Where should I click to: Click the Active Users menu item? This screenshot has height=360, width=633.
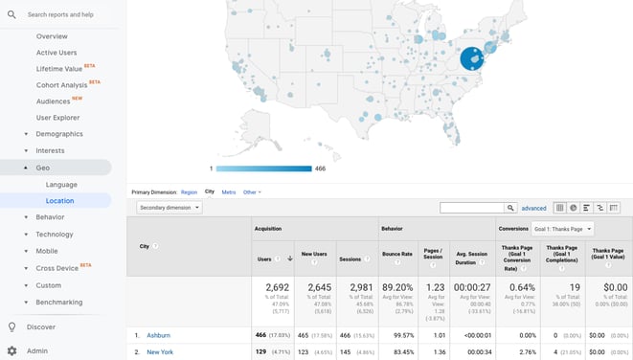57,53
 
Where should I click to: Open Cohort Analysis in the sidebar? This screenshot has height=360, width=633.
62,85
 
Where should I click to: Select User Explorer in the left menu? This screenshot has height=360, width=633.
57,118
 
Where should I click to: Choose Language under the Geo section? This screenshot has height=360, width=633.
61,184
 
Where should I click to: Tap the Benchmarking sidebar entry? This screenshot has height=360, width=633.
59,302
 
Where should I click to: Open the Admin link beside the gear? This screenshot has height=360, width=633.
37,351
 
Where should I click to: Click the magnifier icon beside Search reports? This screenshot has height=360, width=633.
11,14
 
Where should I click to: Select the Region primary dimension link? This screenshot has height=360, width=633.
189,192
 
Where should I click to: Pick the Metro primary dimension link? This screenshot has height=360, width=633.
229,192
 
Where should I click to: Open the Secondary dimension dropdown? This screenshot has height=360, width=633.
169,207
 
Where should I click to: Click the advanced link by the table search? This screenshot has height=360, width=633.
533,208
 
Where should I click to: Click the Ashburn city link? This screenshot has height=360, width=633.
160,336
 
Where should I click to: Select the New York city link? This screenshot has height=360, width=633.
160,352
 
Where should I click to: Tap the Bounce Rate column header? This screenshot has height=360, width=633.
396,259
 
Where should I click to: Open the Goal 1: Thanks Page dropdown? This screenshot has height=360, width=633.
563,229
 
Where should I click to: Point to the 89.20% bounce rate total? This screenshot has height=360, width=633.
396,287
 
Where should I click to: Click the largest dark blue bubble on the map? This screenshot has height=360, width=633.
472,58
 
